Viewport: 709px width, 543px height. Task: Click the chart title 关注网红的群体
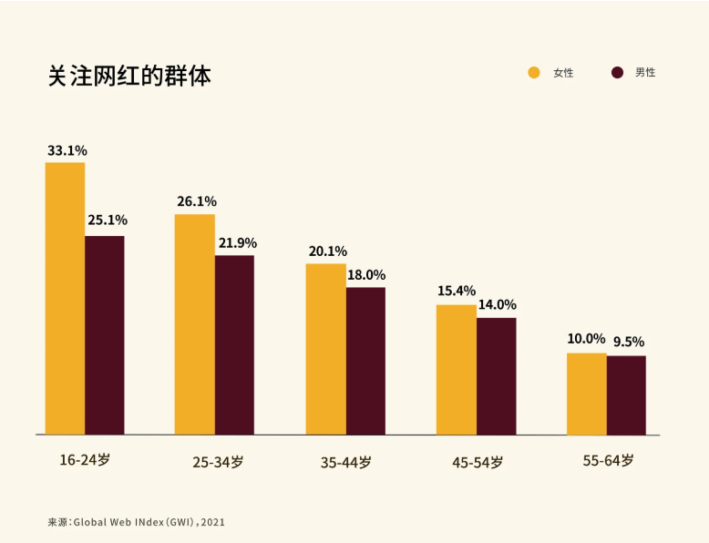(129, 76)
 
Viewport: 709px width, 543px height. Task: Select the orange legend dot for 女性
(534, 72)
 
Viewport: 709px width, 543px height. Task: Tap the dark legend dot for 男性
(617, 72)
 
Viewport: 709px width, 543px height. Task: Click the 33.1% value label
(67, 150)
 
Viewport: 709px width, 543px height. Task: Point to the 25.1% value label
(107, 220)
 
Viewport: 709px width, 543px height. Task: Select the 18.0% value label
(366, 274)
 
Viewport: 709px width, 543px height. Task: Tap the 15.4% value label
(457, 291)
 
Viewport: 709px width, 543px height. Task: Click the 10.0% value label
(587, 339)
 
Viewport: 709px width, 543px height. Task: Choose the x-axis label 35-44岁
(346, 463)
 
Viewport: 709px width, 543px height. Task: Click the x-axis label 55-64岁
(608, 461)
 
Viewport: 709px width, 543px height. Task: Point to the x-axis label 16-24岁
(85, 461)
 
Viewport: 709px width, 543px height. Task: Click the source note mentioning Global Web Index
(136, 522)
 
